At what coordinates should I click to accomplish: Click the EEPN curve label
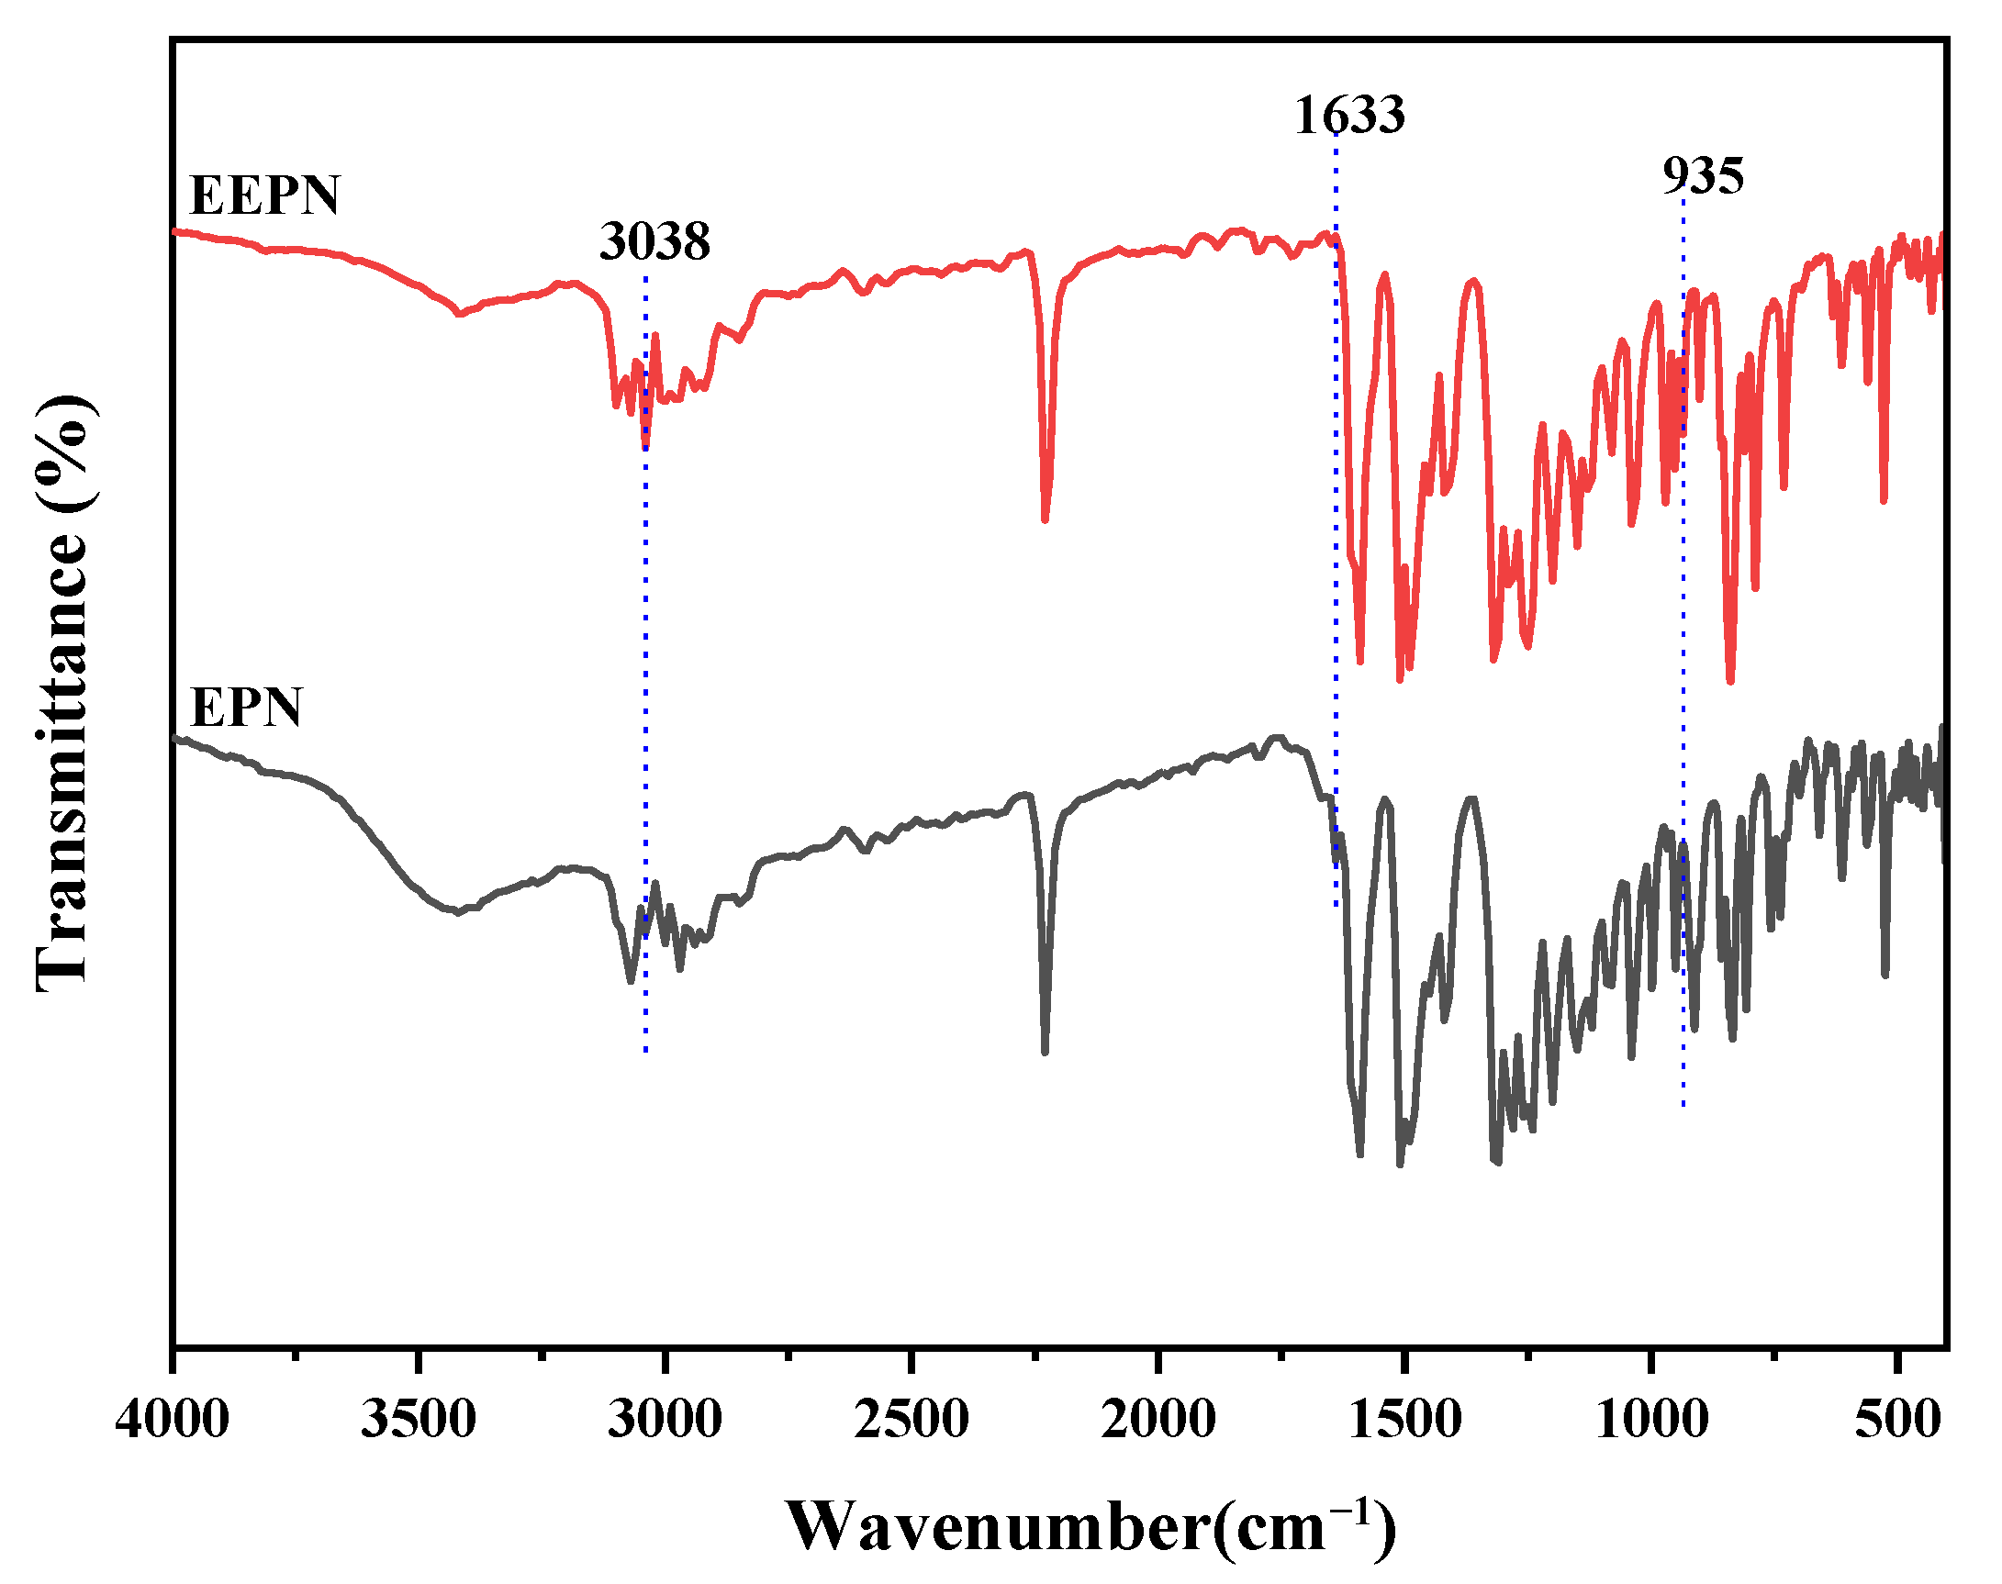tap(264, 195)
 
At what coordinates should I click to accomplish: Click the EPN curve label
tap(246, 708)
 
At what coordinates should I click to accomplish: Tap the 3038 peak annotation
tap(654, 241)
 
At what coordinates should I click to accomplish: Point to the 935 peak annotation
tap(1703, 175)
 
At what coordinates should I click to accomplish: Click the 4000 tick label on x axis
tap(173, 1420)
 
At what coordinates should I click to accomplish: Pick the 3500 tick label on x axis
tap(419, 1420)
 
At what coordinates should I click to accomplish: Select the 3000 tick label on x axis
tap(665, 1420)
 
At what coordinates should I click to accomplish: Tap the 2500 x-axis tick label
tap(911, 1420)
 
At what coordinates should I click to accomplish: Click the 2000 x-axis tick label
tap(1158, 1420)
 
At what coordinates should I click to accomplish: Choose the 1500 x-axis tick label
tap(1404, 1420)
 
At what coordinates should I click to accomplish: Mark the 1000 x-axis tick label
tap(1651, 1420)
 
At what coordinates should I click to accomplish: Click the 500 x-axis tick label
tap(1897, 1420)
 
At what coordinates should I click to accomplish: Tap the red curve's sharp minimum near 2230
tap(1046, 519)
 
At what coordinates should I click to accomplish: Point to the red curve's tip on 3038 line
tap(645, 447)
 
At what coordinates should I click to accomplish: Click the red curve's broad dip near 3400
tap(459, 314)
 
